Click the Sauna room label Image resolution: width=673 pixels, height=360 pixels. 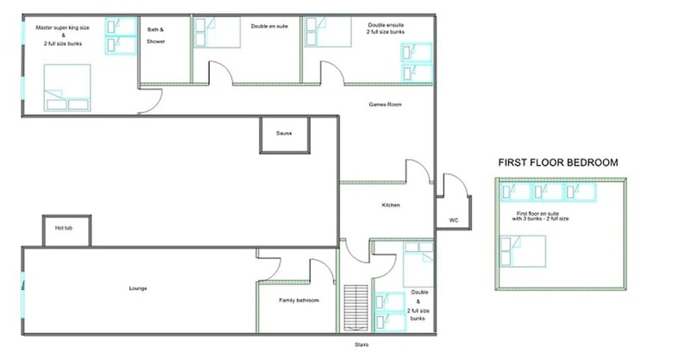tap(284, 133)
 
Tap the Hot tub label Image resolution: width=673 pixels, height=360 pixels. tap(64, 228)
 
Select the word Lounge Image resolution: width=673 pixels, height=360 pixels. tap(138, 288)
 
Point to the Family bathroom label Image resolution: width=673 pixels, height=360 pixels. tap(299, 300)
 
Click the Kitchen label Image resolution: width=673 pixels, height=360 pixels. tap(391, 205)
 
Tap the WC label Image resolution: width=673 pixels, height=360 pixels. tap(454, 220)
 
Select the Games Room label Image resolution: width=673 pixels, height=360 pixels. tap(385, 104)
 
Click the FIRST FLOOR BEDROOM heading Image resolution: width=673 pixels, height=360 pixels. tap(558, 163)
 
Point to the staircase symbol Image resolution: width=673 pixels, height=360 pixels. tap(355, 307)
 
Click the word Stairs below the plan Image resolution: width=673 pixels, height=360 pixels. tap(362, 344)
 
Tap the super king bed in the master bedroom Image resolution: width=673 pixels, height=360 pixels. tap(67, 88)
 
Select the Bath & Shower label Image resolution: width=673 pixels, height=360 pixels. tap(155, 35)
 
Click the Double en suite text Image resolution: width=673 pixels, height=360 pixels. tap(269, 26)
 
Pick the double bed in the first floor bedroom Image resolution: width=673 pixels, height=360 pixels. tap(523, 251)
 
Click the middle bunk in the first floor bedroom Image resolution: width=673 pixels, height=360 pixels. tap(547, 192)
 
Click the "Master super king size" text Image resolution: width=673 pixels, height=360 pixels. tap(63, 28)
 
